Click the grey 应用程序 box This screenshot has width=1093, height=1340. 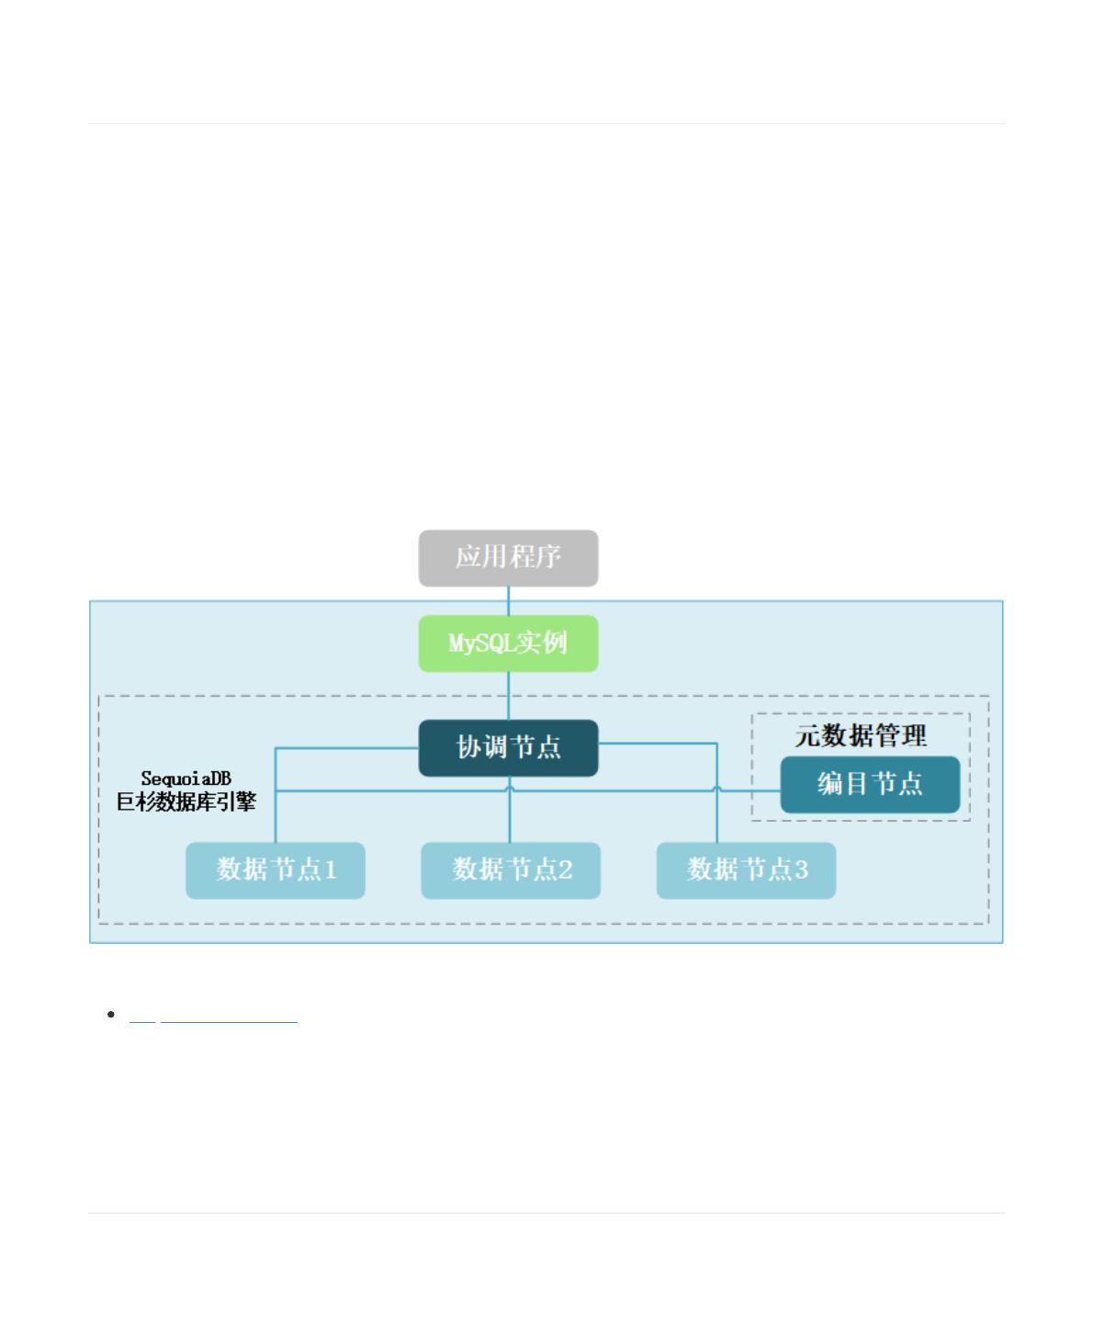tap(508, 558)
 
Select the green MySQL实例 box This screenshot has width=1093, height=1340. tap(508, 643)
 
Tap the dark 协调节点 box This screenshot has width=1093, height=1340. tap(508, 748)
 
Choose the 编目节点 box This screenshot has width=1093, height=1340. tap(870, 784)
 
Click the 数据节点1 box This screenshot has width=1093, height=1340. tap(275, 870)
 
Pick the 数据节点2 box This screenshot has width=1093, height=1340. tap(511, 870)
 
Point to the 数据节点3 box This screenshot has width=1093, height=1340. tap(746, 870)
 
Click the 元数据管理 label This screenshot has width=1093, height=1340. tap(861, 736)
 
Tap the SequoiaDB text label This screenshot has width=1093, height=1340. tap(186, 779)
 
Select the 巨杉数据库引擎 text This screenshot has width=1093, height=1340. tap(186, 801)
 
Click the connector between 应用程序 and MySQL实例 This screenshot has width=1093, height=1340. tap(508, 600)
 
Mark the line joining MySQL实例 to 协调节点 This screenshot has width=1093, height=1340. tap(508, 696)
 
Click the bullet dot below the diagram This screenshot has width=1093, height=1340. tap(111, 1014)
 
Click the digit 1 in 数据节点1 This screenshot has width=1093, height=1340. tap(331, 869)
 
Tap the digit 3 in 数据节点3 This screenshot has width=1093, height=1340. tap(802, 869)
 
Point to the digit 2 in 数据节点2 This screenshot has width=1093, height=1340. tap(565, 869)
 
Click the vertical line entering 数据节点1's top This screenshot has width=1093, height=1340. tap(275, 796)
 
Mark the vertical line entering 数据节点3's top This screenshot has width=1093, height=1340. tap(717, 793)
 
